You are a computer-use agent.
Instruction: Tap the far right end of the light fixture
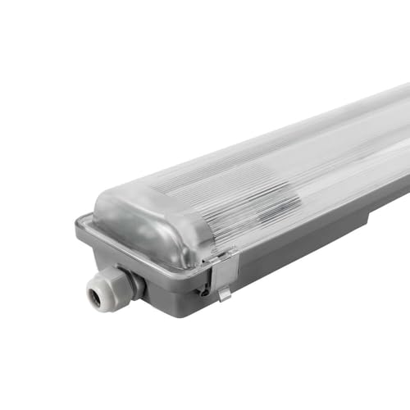pyautogui.click(x=405, y=156)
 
